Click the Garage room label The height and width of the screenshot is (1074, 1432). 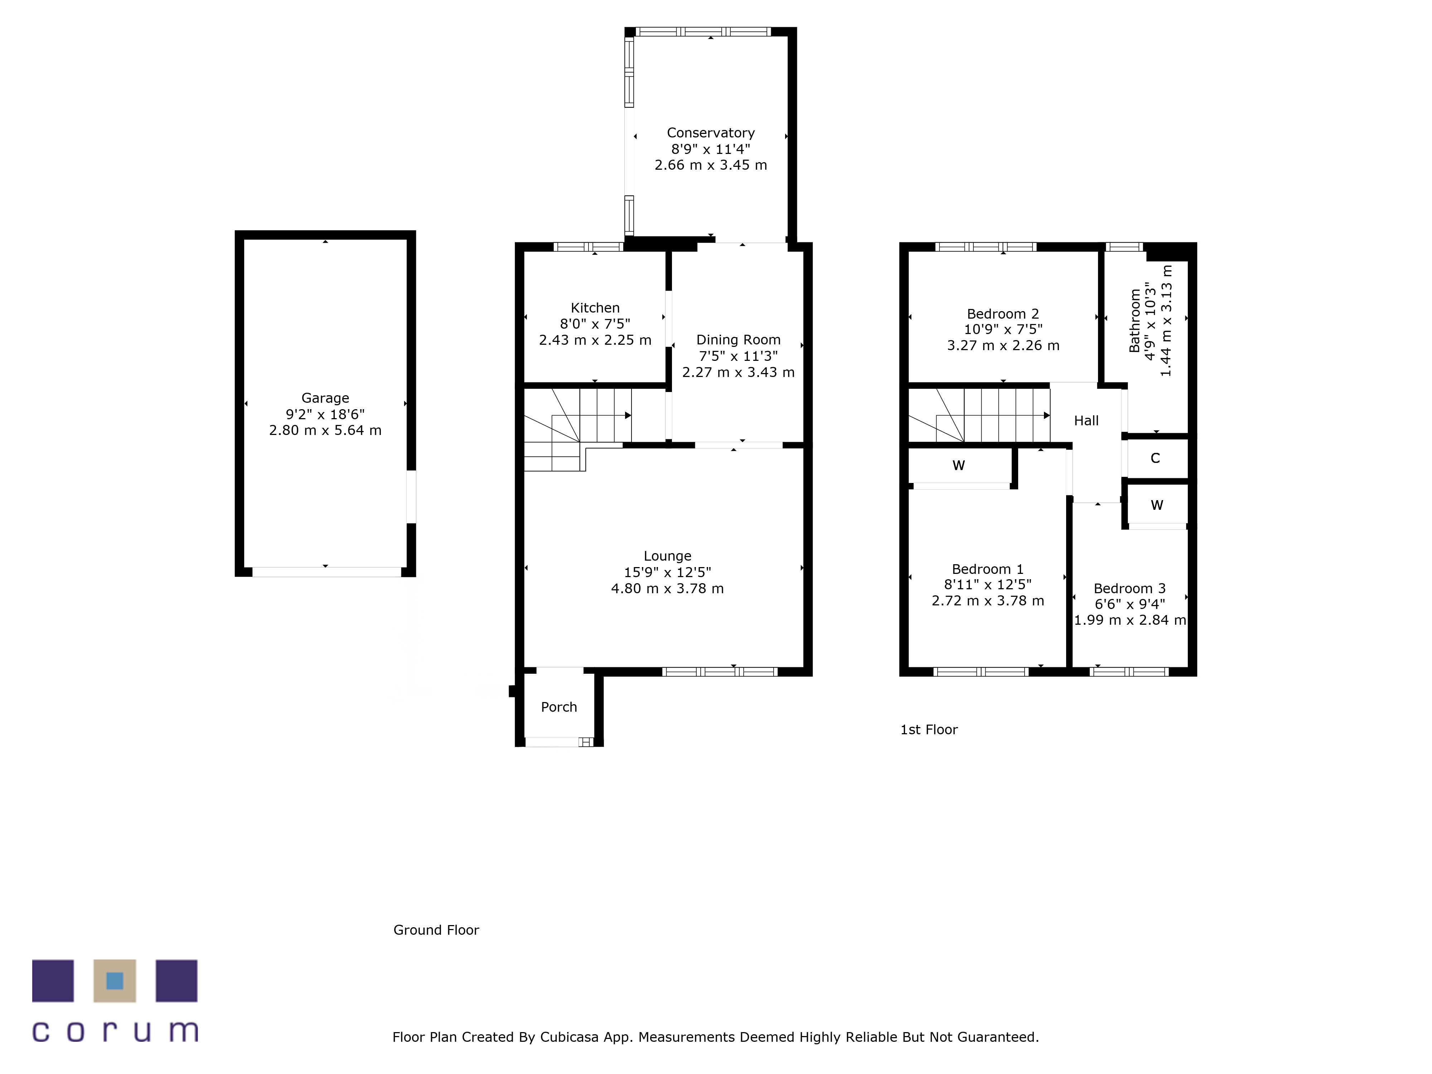pos(325,398)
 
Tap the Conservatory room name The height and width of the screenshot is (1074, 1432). pos(711,133)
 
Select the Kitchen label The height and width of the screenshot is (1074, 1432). pos(595,308)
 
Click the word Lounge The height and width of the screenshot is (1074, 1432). pos(667,556)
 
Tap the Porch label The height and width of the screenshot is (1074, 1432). pos(559,707)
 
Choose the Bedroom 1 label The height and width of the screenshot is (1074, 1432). pos(987,569)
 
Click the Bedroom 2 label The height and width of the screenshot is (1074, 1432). pos(1003,314)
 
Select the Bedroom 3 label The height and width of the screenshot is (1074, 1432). pos(1130,589)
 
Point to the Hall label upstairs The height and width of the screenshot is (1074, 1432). pos(1086,421)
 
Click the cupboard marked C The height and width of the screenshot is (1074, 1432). pos(1155,458)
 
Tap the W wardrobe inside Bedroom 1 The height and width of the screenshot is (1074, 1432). pos(959,465)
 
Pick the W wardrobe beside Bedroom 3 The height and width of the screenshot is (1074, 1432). pos(1157,505)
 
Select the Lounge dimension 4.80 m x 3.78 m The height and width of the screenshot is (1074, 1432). pos(667,589)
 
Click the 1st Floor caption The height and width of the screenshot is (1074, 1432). pos(929,730)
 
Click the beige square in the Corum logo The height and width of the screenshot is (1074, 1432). pos(115,981)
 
